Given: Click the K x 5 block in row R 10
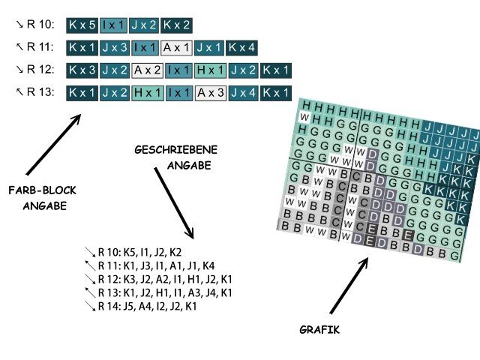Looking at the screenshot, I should pos(82,25).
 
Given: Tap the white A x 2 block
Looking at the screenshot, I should pos(147,71).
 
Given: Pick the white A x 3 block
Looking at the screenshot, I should pos(211,94).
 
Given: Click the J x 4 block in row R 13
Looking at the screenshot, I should pos(244,94).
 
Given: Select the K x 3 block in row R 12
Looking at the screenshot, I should pos(82,71).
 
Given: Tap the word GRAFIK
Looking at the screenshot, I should pos(316,329).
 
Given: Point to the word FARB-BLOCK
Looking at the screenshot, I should pos(37,189).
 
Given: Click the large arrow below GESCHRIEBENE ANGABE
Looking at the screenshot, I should pos(173,202).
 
